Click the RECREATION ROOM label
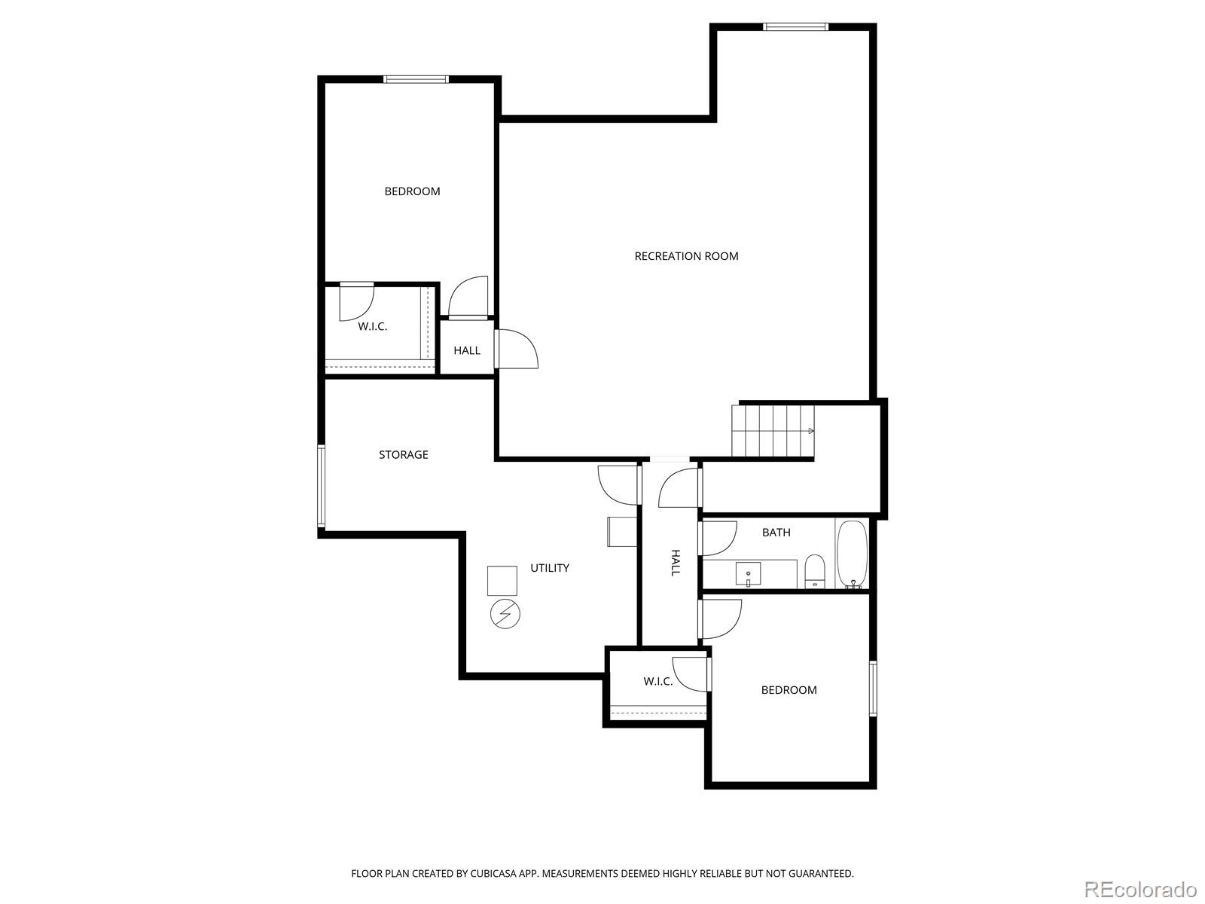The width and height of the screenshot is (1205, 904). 686,256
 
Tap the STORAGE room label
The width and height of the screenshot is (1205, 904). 403,455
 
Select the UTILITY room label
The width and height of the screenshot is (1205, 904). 549,568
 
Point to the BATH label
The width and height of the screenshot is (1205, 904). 776,533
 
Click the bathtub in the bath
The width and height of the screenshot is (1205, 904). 852,554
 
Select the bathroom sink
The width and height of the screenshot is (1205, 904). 748,573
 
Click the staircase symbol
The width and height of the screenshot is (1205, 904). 773,431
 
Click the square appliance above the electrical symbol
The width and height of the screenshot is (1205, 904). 502,581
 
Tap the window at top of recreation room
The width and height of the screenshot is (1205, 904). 795,27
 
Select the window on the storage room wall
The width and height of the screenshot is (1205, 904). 321,486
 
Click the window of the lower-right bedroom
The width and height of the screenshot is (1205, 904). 873,688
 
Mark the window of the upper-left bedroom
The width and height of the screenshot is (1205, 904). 416,79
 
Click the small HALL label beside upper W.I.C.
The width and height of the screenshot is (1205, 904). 467,351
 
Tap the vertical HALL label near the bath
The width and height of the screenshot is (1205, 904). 675,563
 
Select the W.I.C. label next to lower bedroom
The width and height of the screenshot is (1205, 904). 657,682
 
